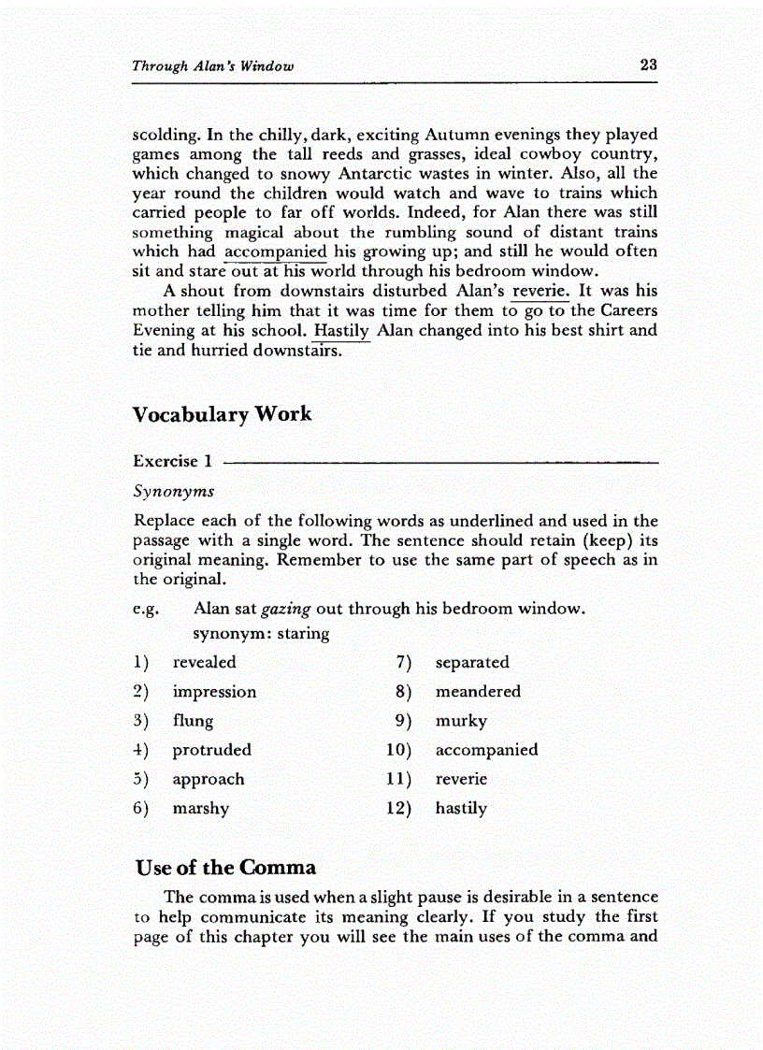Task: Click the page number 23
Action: tap(649, 65)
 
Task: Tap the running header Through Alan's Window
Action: tap(213, 66)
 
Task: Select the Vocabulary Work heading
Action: tap(223, 414)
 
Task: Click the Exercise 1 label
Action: tap(173, 461)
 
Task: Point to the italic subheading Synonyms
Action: tap(174, 491)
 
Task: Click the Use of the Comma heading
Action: tap(225, 867)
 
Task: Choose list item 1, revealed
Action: tap(204, 662)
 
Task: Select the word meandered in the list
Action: tap(478, 692)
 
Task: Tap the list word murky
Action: tap(461, 721)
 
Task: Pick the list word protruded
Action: tap(211, 750)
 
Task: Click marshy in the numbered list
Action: tap(200, 808)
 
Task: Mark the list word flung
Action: tap(193, 721)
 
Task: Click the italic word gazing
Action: tap(286, 609)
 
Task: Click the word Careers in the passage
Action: tap(628, 310)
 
